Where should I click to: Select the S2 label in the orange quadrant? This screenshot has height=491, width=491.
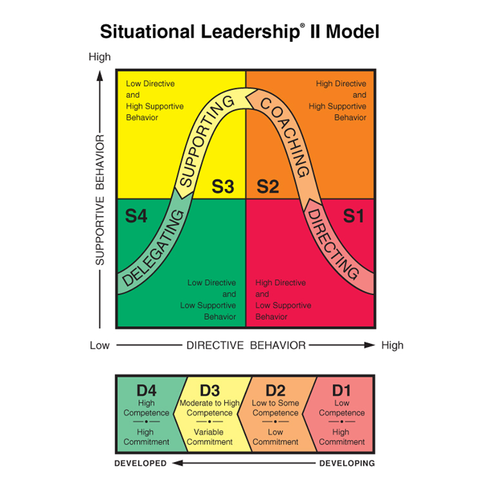pos(267,187)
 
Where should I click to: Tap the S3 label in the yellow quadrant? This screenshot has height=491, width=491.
pos(223,187)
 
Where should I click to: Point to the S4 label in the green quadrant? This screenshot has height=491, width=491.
pos(137,216)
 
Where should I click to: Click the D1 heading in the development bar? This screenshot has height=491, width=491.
pos(342,391)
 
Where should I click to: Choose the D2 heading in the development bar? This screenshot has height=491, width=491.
pos(275,391)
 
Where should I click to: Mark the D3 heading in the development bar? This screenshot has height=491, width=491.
pos(210,391)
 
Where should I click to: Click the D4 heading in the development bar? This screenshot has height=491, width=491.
pos(146,391)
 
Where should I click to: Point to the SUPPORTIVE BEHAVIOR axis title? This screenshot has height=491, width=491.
pos(100,199)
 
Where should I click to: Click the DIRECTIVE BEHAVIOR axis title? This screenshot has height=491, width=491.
pos(245,345)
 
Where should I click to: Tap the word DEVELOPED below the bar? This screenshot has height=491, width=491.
pos(141,463)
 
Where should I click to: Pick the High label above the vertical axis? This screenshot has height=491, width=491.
pos(100,57)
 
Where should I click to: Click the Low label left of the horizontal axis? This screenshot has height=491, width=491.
pos(100,345)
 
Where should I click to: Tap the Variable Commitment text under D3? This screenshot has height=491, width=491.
pos(210,437)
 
